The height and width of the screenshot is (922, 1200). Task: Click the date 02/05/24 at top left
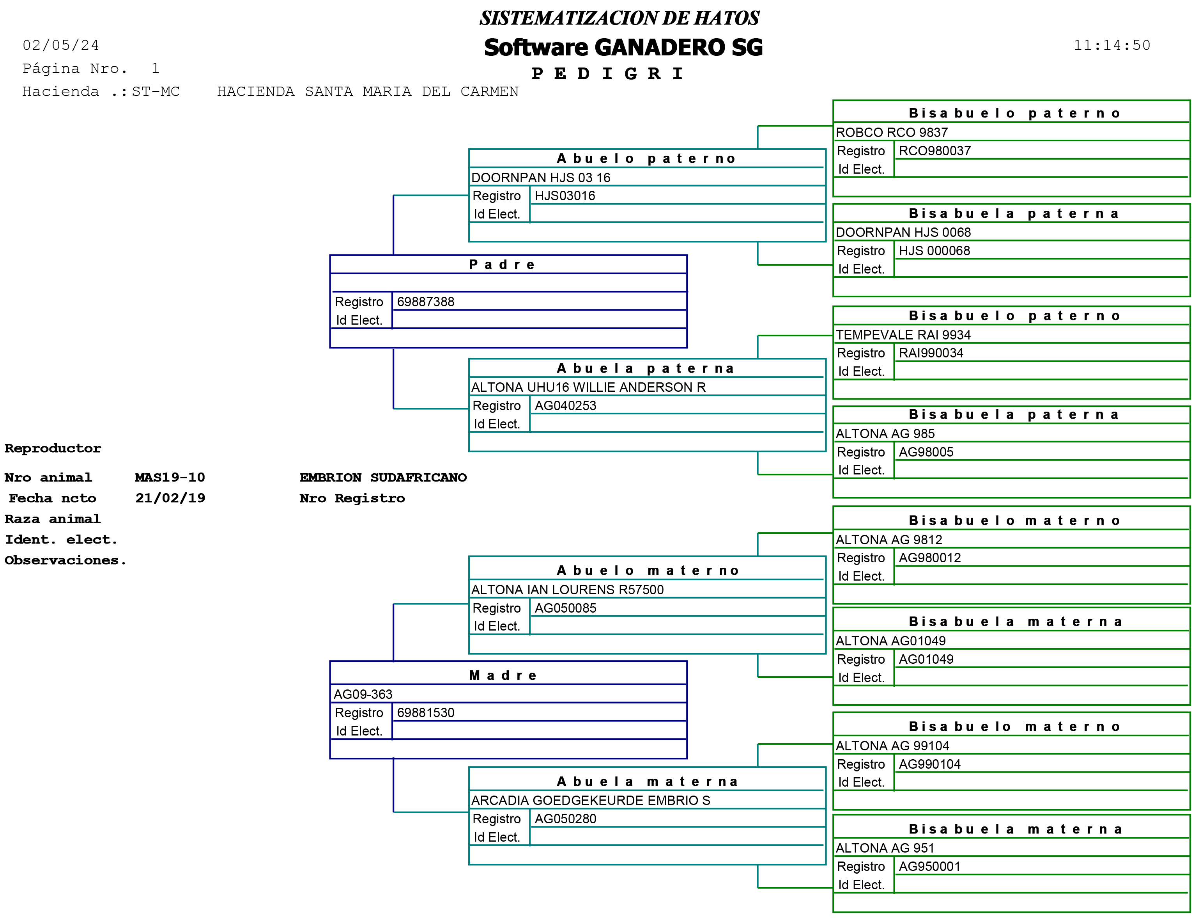61,45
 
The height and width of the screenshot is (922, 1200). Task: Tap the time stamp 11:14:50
1112,45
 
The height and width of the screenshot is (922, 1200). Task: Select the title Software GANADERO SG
623,48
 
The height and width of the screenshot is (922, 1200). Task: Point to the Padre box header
503,265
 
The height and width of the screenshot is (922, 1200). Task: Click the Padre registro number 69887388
426,302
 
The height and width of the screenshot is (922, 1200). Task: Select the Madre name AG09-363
363,694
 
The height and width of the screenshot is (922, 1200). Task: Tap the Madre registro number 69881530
426,713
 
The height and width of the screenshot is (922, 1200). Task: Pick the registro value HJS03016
565,196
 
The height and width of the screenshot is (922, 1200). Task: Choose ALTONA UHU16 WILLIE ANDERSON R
588,387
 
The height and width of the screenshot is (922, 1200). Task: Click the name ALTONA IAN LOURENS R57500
567,590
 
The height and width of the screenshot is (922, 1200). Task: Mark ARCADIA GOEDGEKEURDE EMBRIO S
591,801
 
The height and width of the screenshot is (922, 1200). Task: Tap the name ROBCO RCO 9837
892,132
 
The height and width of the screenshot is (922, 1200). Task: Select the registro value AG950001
929,867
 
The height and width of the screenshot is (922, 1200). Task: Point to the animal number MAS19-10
170,478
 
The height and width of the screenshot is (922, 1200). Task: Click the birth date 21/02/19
170,498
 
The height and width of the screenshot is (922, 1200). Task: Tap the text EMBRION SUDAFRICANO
383,478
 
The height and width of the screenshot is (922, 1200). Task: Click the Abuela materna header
647,782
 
